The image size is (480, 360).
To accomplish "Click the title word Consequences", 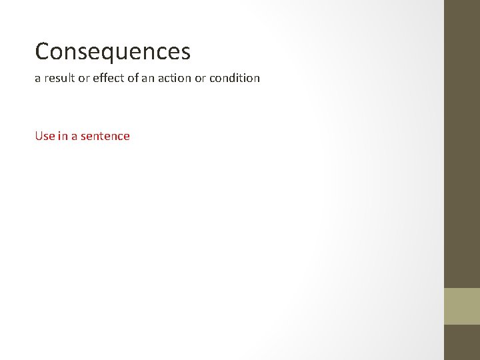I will [x=113, y=51].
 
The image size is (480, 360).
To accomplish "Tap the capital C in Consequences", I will [x=43, y=51].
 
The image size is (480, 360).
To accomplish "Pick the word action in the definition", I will [x=173, y=78].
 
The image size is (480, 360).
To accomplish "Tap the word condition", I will [x=235, y=78].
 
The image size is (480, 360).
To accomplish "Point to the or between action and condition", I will [x=199, y=78].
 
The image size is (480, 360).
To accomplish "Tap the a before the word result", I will [x=37, y=79].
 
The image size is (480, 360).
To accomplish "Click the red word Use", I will [x=45, y=136].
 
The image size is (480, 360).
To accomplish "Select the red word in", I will [x=63, y=136].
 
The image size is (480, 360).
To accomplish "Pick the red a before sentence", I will [x=75, y=137].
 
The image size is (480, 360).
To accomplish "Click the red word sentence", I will [x=105, y=136].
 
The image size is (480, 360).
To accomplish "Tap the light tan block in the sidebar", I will [x=462, y=306].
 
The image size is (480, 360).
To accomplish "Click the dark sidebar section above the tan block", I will [x=462, y=143].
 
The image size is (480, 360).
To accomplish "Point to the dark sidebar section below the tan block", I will [x=462, y=342].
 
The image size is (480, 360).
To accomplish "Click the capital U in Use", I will [x=39, y=136].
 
